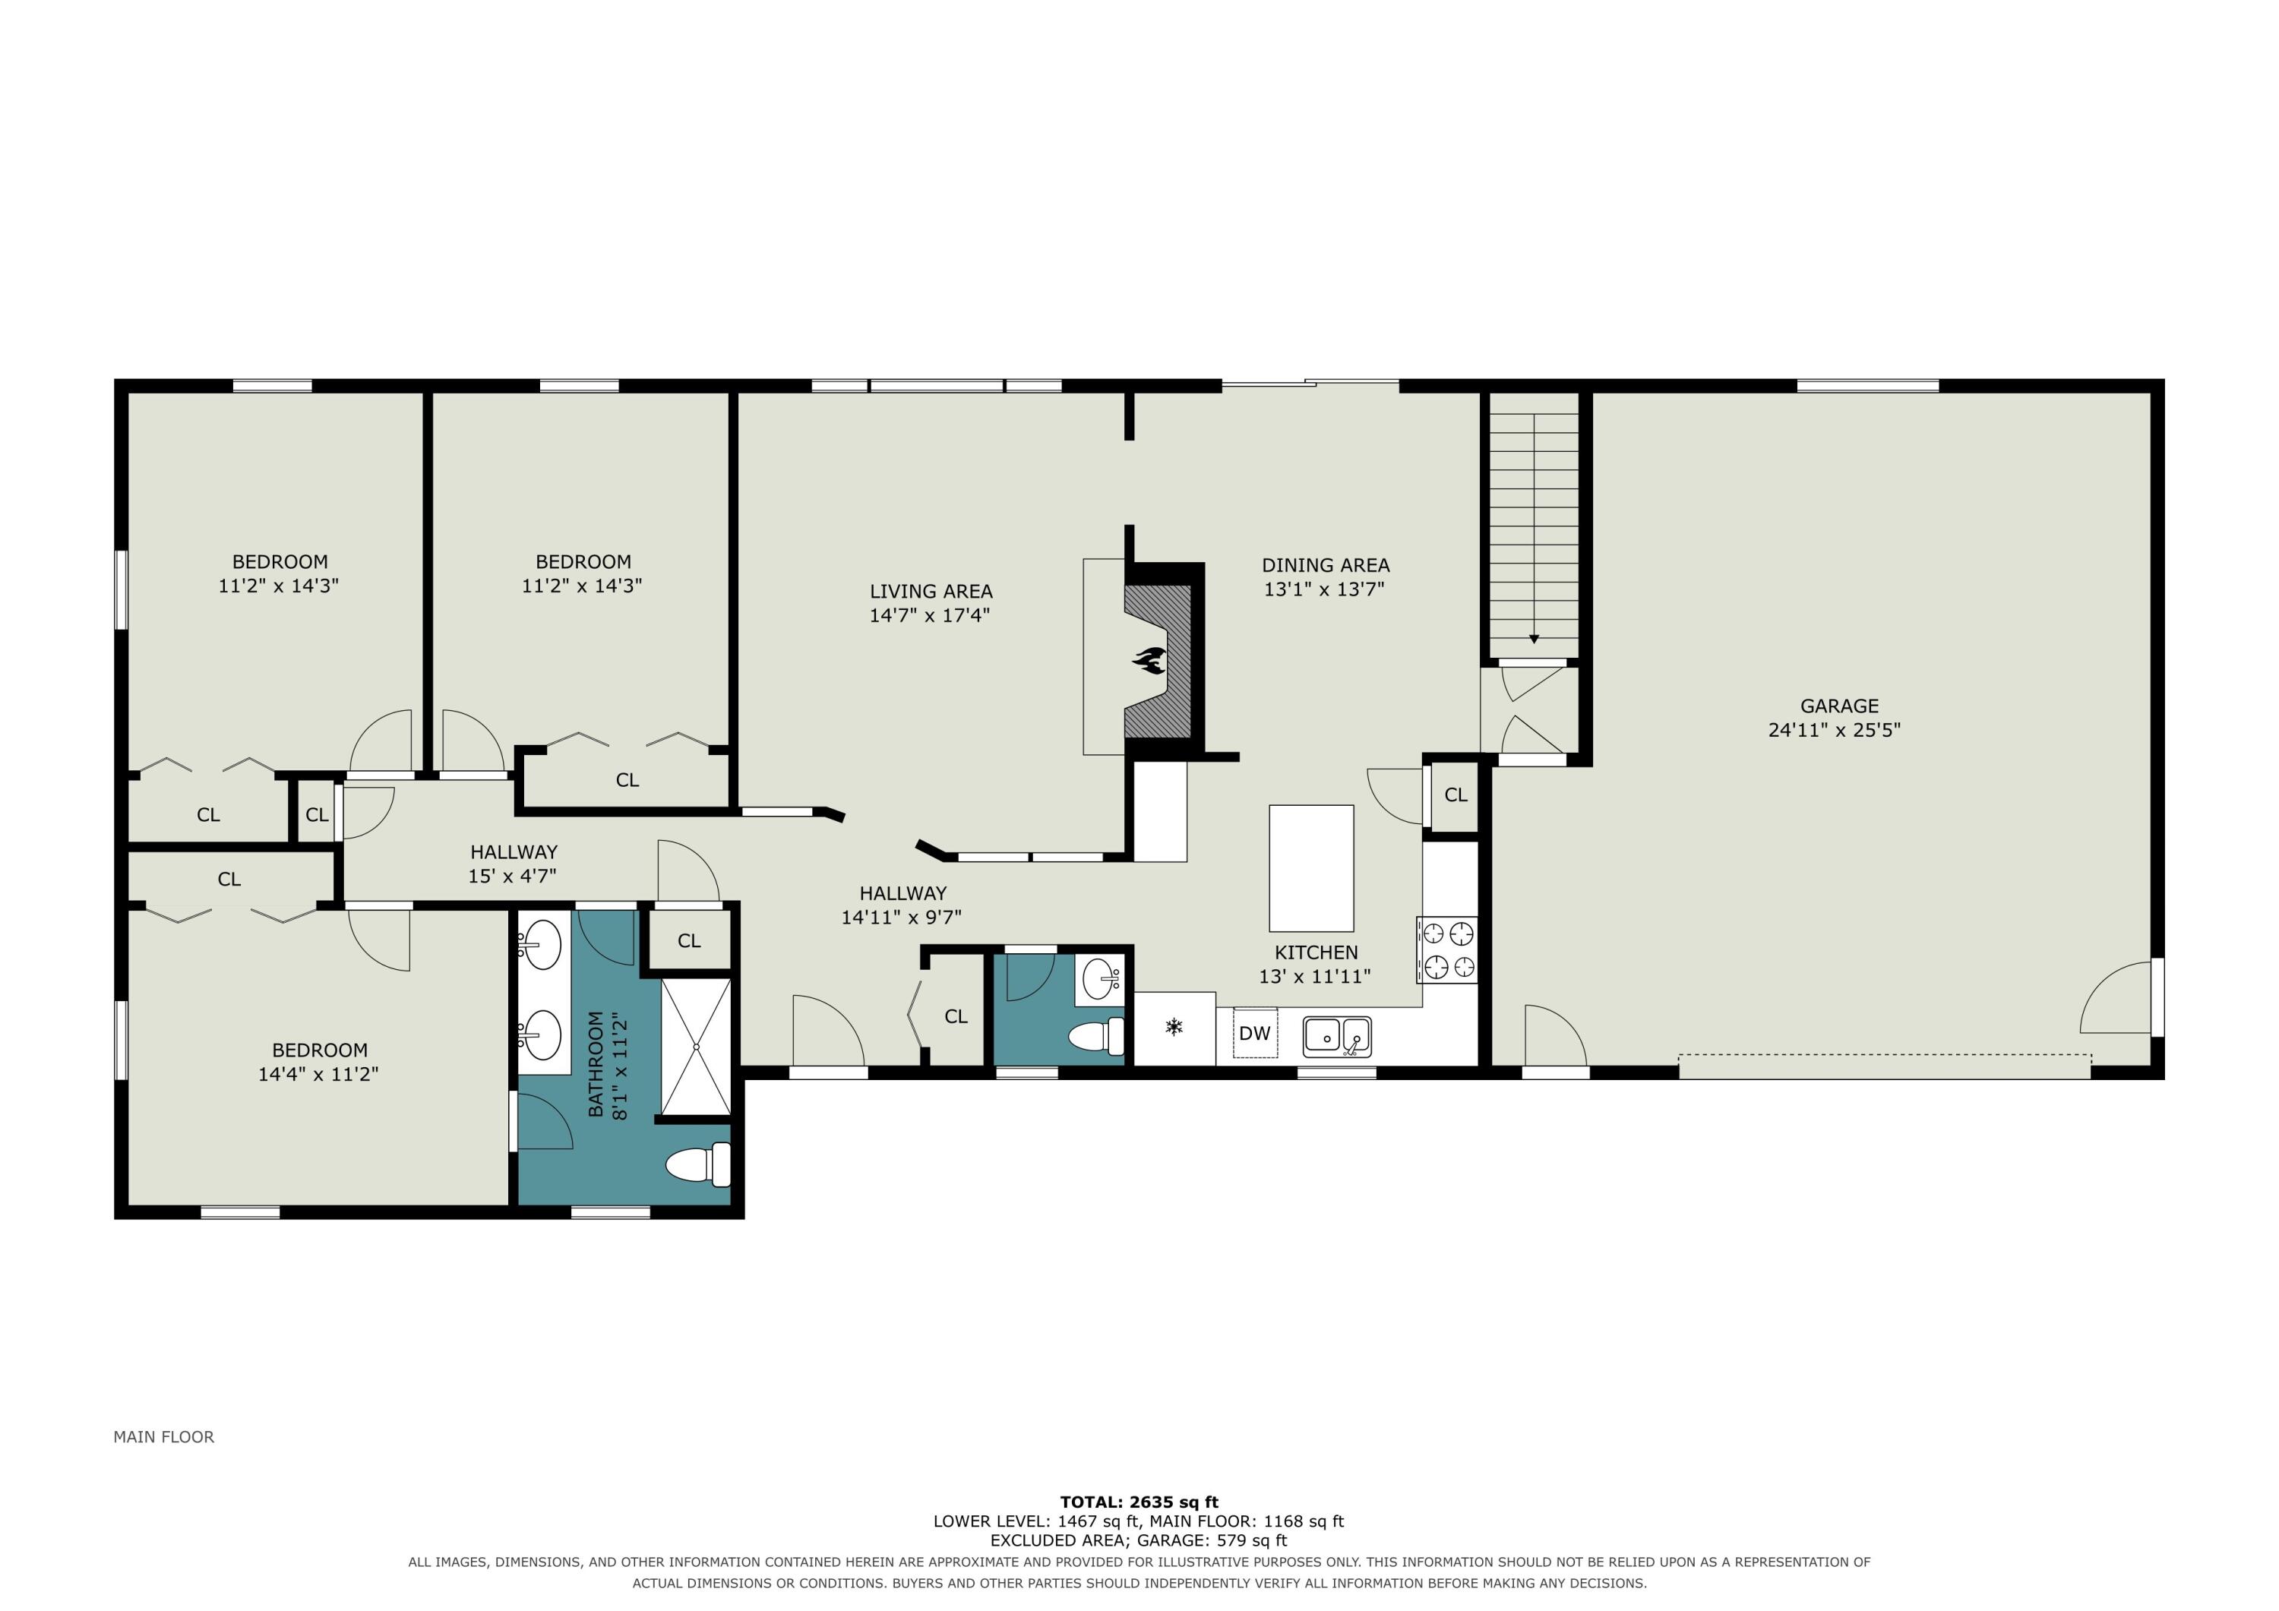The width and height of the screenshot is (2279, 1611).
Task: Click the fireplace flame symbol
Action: pos(1152,660)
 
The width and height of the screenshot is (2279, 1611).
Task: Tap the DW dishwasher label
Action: pos(1255,1033)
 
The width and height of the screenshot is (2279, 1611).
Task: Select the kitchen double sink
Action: pos(1337,1036)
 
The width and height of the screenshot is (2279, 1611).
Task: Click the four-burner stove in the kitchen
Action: pos(1447,950)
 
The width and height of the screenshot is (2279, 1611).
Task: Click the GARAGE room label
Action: pos(1839,706)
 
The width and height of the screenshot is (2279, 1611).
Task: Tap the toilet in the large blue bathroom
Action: pos(698,1164)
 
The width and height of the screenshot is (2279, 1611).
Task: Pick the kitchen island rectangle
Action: pos(1311,867)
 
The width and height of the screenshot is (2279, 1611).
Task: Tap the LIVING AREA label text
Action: pos(931,592)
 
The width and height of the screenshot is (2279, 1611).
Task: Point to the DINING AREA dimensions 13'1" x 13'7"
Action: pos(1324,589)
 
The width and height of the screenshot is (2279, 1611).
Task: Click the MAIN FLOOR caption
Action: pos(164,1436)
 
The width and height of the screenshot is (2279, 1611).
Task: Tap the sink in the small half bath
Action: pos(1101,980)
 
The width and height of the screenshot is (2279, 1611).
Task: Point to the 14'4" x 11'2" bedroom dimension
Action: pos(318,1074)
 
